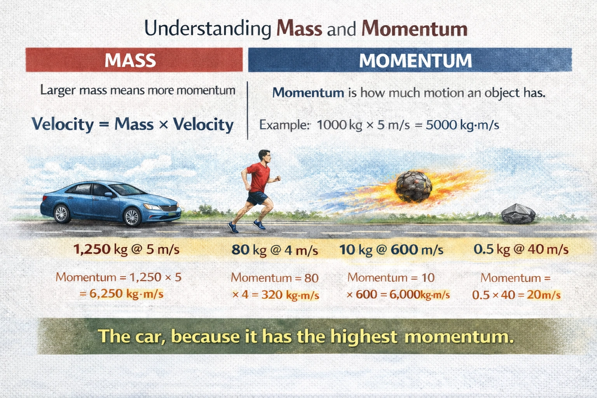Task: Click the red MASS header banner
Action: click(x=134, y=60)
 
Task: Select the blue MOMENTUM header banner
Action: click(x=410, y=60)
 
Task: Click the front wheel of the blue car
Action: click(x=132, y=217)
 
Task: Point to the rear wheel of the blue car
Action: click(x=61, y=214)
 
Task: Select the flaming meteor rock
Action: click(x=414, y=186)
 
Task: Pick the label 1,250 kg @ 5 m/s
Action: click(x=126, y=249)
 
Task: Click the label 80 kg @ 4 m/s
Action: click(x=274, y=250)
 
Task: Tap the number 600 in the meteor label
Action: click(x=404, y=249)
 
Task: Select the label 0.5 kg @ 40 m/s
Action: click(x=521, y=249)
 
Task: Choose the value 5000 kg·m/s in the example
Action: click(x=462, y=125)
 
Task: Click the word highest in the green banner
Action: click(x=364, y=336)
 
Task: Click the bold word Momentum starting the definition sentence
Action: click(x=308, y=93)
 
